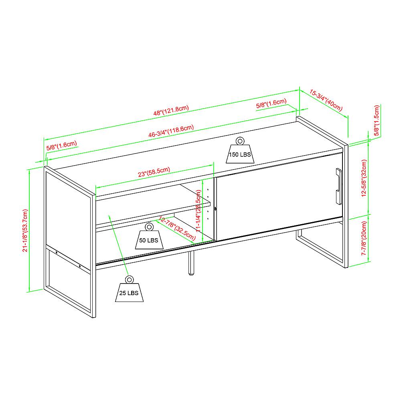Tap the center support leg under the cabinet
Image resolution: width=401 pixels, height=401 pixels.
click(190, 264)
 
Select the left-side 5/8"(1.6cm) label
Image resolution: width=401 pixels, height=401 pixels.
click(61, 145)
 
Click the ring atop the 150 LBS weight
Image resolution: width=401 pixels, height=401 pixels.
click(240, 141)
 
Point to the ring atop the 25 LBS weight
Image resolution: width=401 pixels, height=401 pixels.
click(129, 279)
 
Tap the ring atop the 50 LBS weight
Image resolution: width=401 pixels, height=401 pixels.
click(149, 227)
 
